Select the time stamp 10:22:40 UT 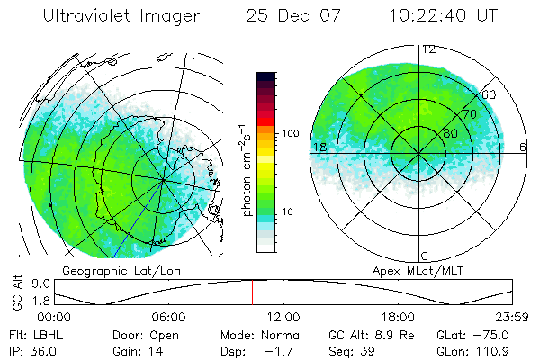pyautogui.click(x=445, y=16)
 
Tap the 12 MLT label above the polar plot pyautogui.click(x=428, y=49)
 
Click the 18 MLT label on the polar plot pyautogui.click(x=319, y=147)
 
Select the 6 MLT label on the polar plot pyautogui.click(x=524, y=147)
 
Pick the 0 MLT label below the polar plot pyautogui.click(x=425, y=256)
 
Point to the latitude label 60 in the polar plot pyautogui.click(x=490, y=94)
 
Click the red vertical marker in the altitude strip pyautogui.click(x=252, y=292)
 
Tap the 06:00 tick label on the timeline pyautogui.click(x=168, y=317)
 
